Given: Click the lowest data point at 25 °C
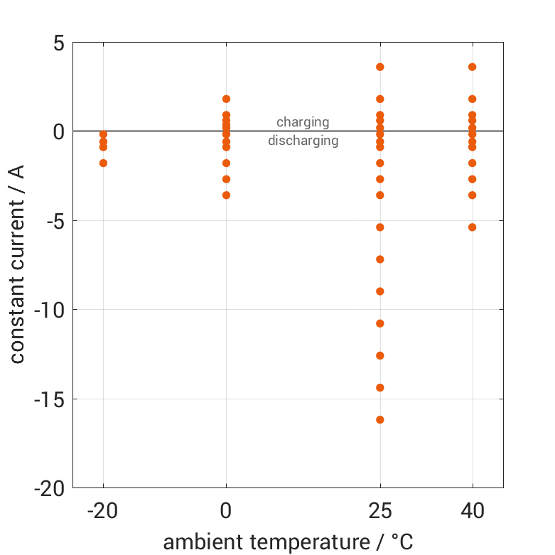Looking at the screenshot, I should point(380,420).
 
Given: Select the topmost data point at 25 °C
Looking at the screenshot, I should point(380,67).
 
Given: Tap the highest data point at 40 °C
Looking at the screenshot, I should point(473,67).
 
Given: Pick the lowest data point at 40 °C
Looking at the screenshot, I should point(473,227).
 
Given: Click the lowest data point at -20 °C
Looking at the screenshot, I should point(103,163).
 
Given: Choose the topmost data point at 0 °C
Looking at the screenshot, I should point(226,99).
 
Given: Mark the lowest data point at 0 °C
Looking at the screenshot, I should point(226,195).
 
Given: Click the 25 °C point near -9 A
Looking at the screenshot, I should point(380,291).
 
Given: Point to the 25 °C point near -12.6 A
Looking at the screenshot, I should point(380,355).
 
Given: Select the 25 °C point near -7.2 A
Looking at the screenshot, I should point(380,259).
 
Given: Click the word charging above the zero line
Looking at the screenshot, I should point(303,122).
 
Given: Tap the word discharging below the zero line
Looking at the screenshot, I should point(303,141).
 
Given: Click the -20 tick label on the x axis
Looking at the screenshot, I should point(103,511).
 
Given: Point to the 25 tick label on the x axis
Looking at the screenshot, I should point(380,511).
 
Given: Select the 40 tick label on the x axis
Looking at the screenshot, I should point(473,511).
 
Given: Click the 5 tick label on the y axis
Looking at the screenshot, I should point(58,43).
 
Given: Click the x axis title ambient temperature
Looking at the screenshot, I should point(288,542).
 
